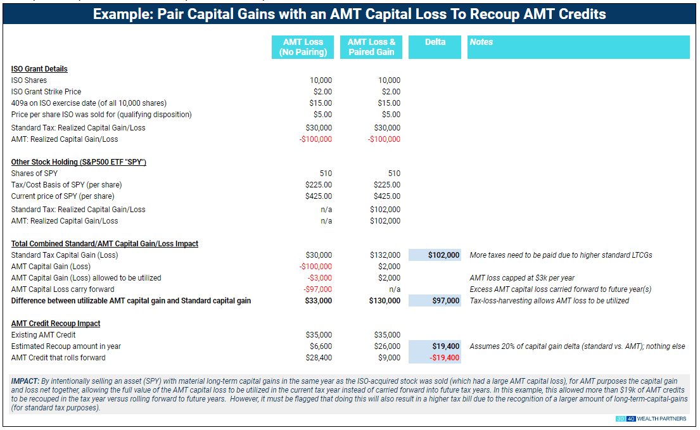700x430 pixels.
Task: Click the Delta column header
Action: (435, 42)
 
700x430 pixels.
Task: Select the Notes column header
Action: (481, 42)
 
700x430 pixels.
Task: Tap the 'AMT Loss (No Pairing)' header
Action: (303, 47)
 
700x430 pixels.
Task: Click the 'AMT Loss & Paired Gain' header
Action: (371, 47)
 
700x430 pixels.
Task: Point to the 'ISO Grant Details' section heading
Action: (39, 69)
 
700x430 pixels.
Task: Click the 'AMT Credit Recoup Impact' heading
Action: (56, 324)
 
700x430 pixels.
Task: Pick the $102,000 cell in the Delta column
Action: (443, 255)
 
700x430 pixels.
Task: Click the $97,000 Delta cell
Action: (446, 301)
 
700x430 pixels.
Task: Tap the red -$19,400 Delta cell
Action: (445, 358)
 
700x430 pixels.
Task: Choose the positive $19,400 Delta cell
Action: (446, 346)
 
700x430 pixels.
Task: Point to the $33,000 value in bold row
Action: (318, 301)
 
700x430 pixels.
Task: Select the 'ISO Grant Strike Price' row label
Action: (46, 92)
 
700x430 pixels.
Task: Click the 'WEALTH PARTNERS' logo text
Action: (661, 419)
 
